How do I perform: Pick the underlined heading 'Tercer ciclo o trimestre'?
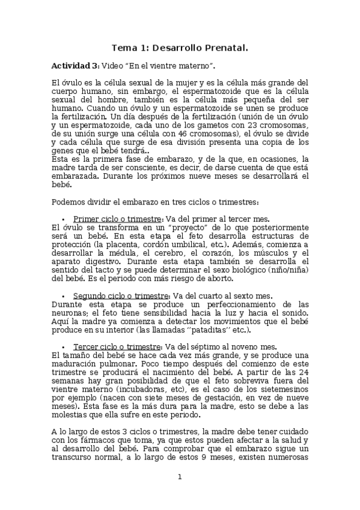coord(117,347)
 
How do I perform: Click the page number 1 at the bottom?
coord(179,477)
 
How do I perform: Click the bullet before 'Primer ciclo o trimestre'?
coord(63,220)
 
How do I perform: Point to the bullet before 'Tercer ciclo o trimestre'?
coord(63,348)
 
